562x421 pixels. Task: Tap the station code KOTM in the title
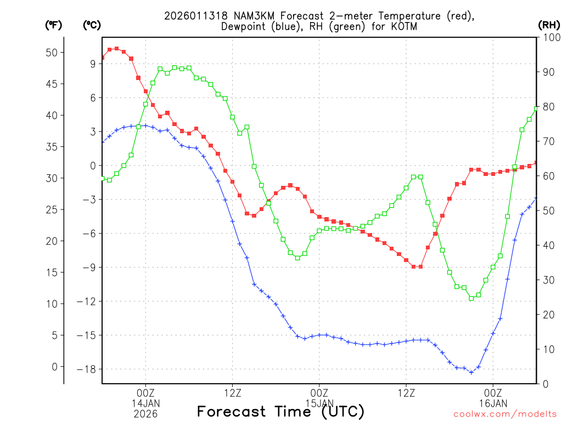pos(404,27)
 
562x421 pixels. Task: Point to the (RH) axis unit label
pos(548,25)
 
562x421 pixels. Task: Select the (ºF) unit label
pos(53,25)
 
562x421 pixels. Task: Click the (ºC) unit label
pos(92,25)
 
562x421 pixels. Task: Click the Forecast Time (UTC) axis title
pos(280,411)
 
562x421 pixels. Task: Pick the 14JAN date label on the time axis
pos(145,404)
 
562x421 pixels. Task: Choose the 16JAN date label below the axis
pos(493,404)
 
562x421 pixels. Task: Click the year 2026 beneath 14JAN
pos(145,414)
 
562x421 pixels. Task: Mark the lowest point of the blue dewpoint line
pos(471,372)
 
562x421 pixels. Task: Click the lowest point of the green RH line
pos(471,298)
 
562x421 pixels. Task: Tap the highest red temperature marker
pos(116,49)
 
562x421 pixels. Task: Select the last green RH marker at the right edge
pos(536,108)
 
